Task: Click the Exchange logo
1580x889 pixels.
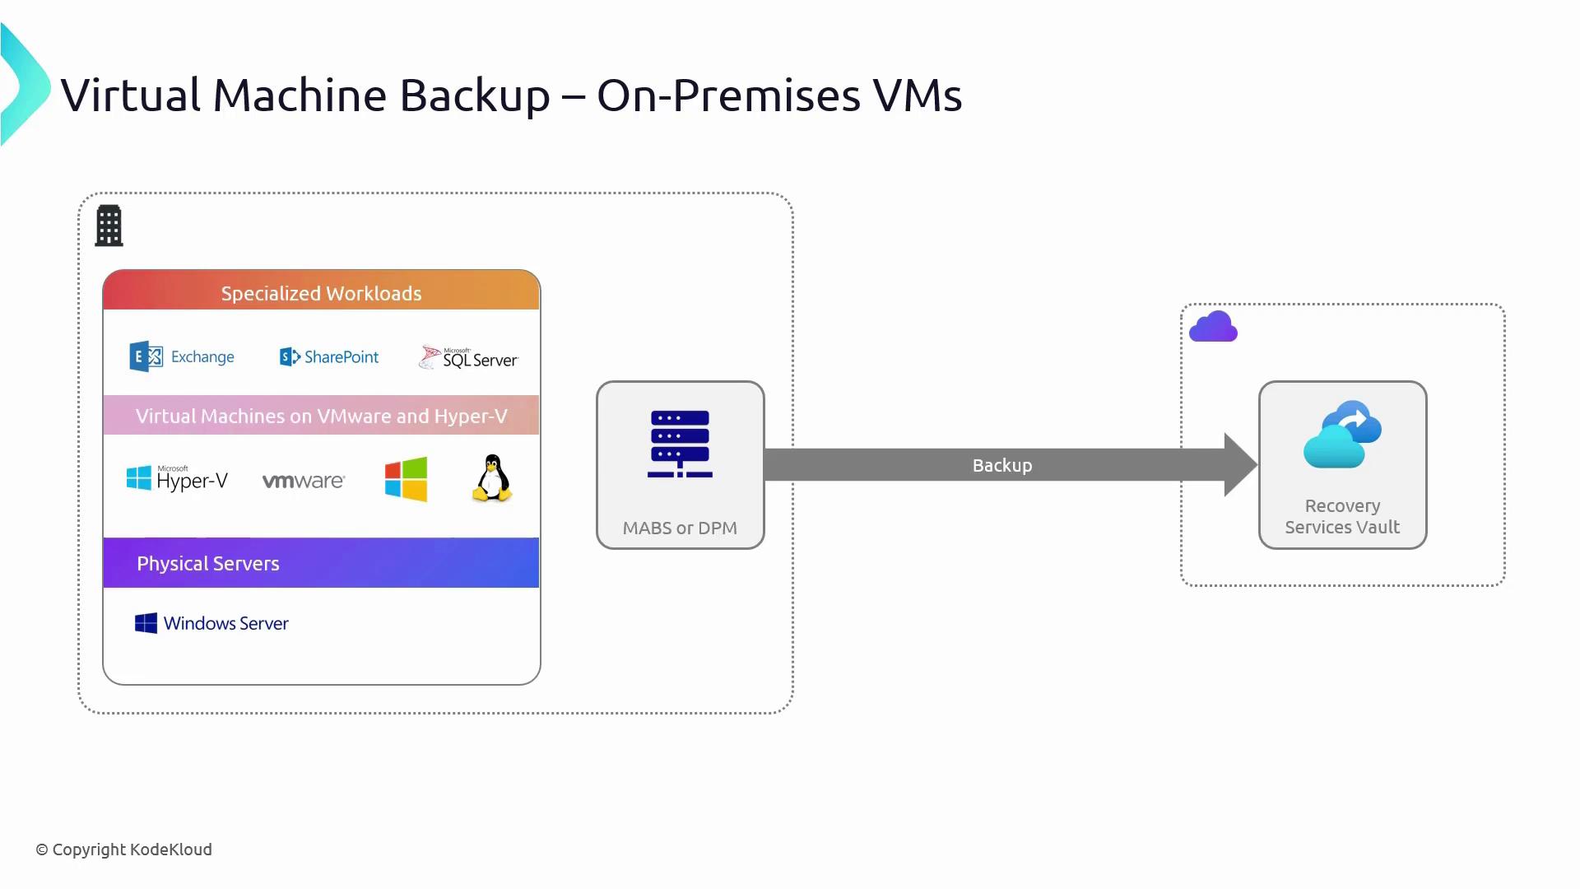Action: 182,356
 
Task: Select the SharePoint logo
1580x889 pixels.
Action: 329,356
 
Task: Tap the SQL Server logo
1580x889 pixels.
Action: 468,357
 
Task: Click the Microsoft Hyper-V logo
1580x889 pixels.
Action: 177,478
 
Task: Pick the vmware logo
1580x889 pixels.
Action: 304,481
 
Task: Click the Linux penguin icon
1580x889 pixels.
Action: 492,478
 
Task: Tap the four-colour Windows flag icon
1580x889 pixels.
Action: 406,479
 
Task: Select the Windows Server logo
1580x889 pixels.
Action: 211,623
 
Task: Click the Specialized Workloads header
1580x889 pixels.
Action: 321,293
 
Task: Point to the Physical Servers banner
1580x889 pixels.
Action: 321,563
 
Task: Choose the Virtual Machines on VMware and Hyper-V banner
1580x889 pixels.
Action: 321,416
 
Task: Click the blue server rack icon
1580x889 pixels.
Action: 680,444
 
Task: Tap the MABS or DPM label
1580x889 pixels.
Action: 680,528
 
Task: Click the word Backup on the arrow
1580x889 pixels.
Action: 1002,465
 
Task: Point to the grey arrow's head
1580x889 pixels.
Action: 1239,465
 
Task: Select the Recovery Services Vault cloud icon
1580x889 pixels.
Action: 1342,435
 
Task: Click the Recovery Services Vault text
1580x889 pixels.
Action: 1342,516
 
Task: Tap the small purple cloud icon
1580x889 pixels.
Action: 1213,327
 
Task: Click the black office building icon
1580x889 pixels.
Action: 109,226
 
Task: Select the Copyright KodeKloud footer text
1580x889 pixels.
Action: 123,849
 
